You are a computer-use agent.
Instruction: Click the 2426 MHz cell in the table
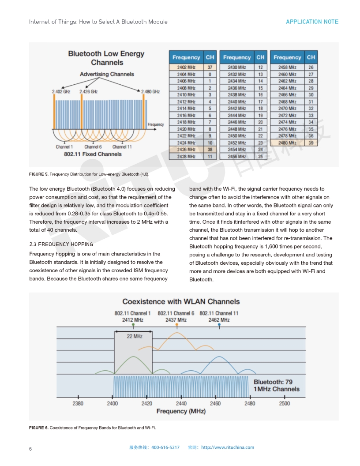pyautogui.click(x=186, y=150)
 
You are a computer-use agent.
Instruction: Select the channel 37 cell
pyautogui.click(x=210, y=68)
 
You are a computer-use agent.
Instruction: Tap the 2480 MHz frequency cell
pyautogui.click(x=287, y=143)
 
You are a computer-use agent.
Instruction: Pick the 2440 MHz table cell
pyautogui.click(x=237, y=102)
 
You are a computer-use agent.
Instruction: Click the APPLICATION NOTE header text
pyautogui.click(x=312, y=22)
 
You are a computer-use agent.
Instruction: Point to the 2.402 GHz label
pyautogui.click(x=61, y=92)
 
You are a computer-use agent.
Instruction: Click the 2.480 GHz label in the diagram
pyautogui.click(x=150, y=92)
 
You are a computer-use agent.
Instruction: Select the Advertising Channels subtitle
pyautogui.click(x=107, y=74)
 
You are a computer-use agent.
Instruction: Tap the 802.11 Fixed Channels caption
pyautogui.click(x=93, y=154)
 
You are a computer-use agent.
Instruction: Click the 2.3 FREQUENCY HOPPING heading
pyautogui.click(x=61, y=244)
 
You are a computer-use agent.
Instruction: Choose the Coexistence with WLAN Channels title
pyautogui.click(x=181, y=302)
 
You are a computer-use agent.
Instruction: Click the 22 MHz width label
pyautogui.click(x=135, y=336)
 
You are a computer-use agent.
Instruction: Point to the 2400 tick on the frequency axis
pyautogui.click(x=112, y=403)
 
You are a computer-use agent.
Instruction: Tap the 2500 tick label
pyautogui.click(x=285, y=403)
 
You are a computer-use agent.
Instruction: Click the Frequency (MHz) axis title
pyautogui.click(x=181, y=411)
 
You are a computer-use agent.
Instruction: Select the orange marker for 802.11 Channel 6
pyautogui.click(x=176, y=325)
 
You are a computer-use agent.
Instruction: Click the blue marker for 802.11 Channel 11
pyautogui.click(x=219, y=325)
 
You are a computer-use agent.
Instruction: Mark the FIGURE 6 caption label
pyautogui.click(x=39, y=428)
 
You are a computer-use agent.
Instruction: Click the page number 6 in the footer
pyautogui.click(x=30, y=449)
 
